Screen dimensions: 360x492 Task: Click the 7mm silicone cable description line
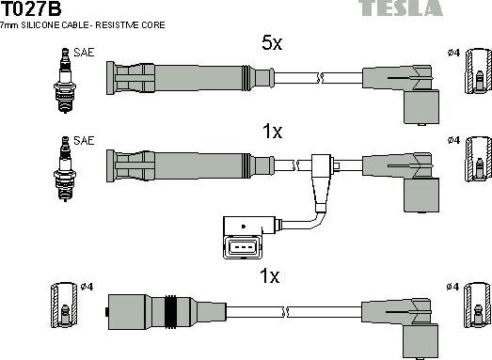[84, 25]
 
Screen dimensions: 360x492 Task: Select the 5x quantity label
[272, 42]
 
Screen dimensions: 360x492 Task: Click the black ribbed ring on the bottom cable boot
[171, 309]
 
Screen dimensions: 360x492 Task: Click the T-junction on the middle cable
[322, 169]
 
